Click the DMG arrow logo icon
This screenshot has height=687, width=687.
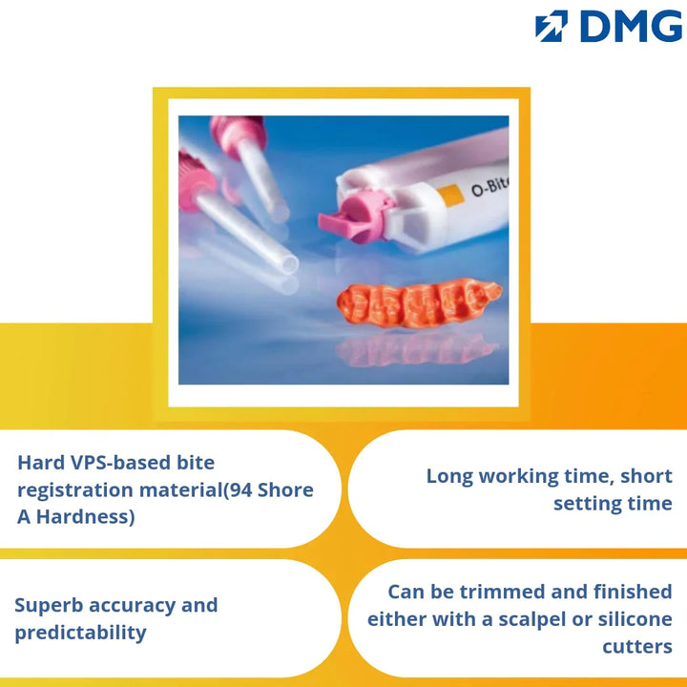pyautogui.click(x=552, y=26)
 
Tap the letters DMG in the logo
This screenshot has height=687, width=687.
pyautogui.click(x=632, y=27)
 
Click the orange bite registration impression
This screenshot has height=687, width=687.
pyautogui.click(x=419, y=302)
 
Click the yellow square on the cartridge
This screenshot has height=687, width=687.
pyautogui.click(x=450, y=195)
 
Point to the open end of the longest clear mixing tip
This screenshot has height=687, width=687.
pyautogui.click(x=290, y=264)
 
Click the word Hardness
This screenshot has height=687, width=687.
pyautogui.click(x=85, y=517)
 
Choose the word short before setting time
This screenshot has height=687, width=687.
pyautogui.click(x=646, y=476)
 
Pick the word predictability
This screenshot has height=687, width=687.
pyautogui.click(x=80, y=634)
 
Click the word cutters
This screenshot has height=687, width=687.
pyautogui.click(x=637, y=647)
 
